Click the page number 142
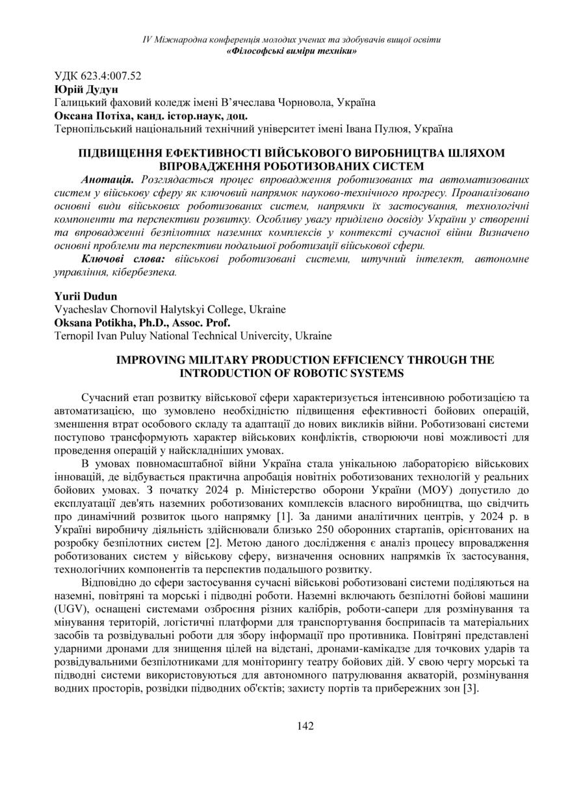coord(305,726)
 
